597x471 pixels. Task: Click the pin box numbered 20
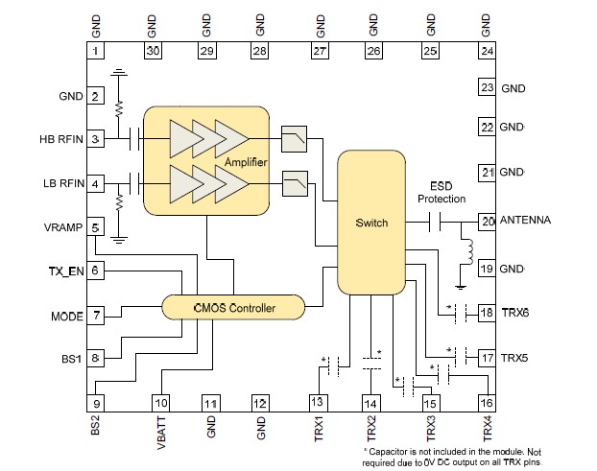pos(488,221)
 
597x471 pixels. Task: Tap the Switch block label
pos(371,223)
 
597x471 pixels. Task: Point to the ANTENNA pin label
pos(526,221)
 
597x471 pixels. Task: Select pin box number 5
pos(96,227)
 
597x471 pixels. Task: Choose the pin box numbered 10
pos(162,403)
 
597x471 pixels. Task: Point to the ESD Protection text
pos(442,192)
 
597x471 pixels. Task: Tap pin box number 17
pos(488,358)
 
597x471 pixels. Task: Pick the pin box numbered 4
pos(96,183)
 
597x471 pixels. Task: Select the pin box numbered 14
pos(372,403)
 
